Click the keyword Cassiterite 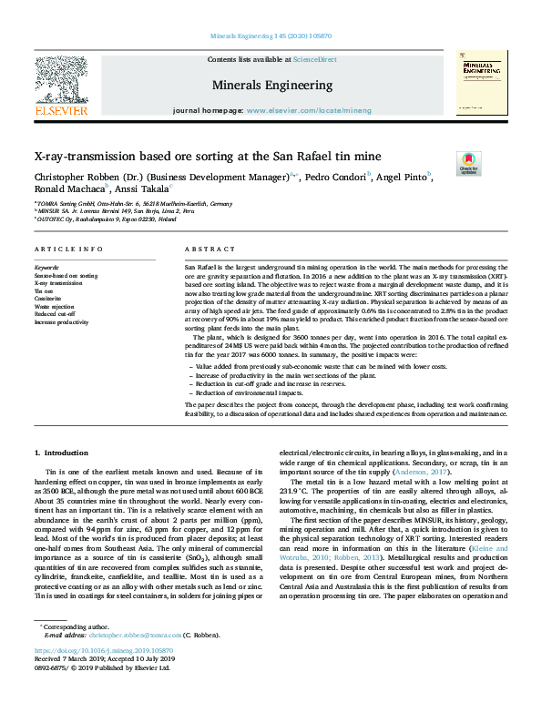(x=48, y=299)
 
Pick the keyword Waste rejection (x=54, y=307)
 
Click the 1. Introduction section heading (x=62, y=453)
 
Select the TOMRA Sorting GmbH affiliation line (x=134, y=204)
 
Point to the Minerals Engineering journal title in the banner (x=271, y=86)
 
